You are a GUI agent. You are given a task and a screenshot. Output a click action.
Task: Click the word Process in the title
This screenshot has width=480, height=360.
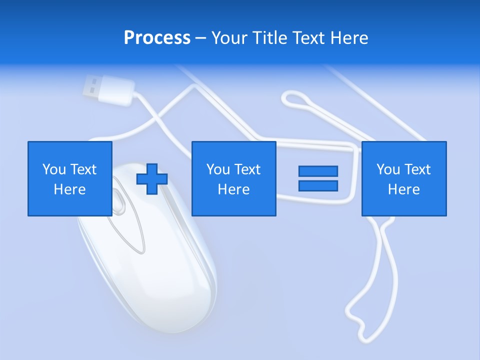[157, 38]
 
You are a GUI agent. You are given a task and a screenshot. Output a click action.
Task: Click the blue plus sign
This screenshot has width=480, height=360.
[152, 179]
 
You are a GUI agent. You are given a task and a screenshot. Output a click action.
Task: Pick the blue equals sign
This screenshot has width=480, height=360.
[318, 178]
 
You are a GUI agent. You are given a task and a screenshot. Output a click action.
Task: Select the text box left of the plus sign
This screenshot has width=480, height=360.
[70, 178]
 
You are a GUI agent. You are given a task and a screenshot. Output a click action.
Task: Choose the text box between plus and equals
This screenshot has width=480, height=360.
[234, 178]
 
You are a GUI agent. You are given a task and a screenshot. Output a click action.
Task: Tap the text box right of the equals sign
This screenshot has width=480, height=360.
[404, 178]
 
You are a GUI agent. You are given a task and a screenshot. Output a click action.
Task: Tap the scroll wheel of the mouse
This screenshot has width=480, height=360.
[119, 200]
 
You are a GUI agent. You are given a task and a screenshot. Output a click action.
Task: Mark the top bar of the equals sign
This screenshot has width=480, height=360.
[318, 171]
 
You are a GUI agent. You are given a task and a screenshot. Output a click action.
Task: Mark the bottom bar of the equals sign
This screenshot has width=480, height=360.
[318, 185]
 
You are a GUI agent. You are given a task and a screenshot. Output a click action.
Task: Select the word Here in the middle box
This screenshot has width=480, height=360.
[234, 189]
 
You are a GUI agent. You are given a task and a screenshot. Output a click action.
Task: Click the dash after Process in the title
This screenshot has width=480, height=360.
[200, 38]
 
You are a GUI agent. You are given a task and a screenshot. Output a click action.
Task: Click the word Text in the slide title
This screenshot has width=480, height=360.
[308, 38]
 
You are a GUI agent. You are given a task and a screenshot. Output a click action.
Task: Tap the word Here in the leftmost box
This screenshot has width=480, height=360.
[70, 189]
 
